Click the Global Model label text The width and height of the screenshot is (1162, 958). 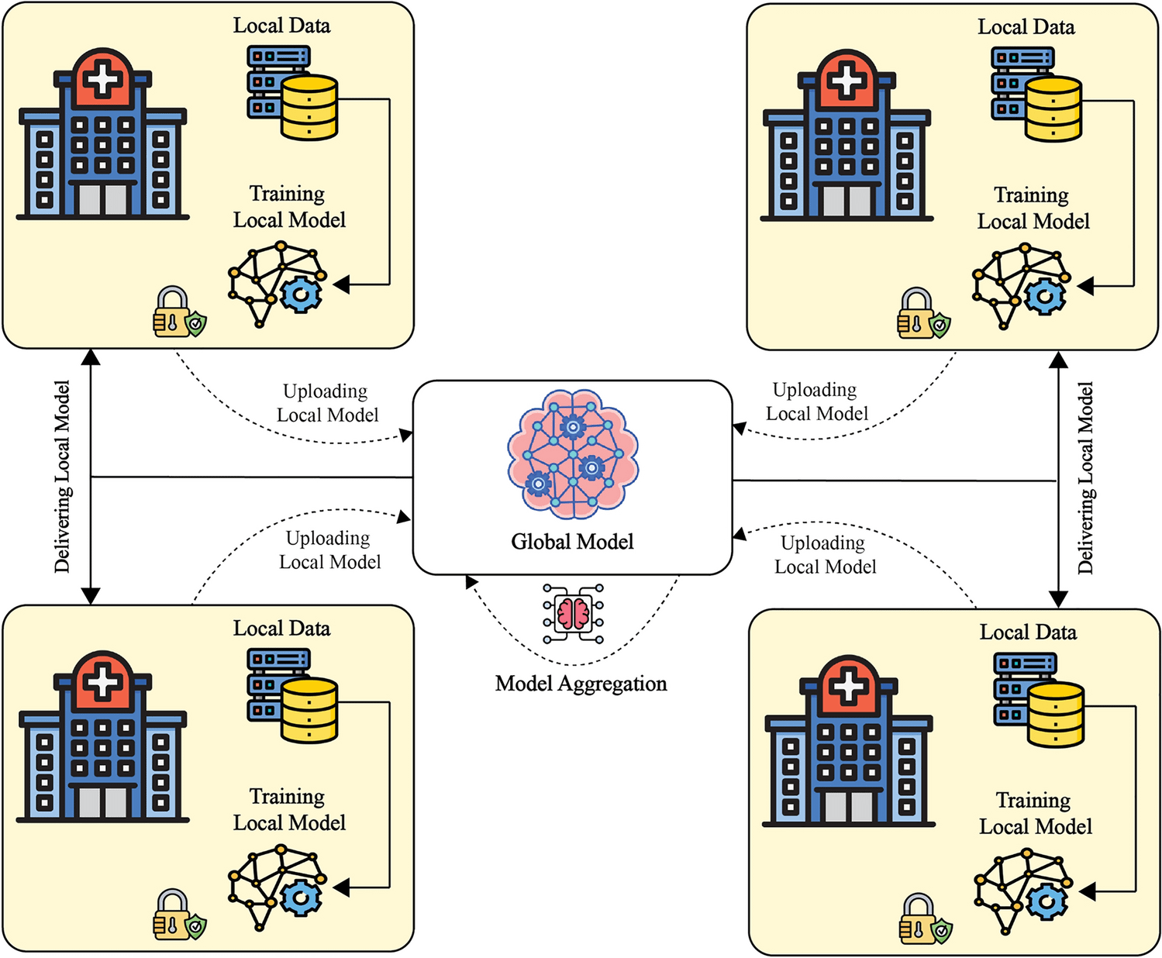pos(572,542)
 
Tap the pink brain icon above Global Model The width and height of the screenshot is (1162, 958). pos(573,455)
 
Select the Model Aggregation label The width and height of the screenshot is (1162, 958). pos(581,684)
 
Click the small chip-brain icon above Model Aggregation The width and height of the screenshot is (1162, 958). pos(574,613)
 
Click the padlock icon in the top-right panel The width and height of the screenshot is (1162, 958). pos(916,314)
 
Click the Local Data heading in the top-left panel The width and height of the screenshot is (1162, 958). pos(281,26)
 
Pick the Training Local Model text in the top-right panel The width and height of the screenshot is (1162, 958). pos(1033,208)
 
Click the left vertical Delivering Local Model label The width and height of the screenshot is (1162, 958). pos(63,477)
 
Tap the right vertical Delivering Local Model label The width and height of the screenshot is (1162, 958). pos(1086,478)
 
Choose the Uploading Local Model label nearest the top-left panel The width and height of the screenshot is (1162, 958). pos(327,403)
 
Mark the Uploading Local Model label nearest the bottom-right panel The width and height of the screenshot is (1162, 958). pos(825,555)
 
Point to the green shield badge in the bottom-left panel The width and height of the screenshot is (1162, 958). pos(196,926)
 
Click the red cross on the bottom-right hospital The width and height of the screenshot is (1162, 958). pos(849,686)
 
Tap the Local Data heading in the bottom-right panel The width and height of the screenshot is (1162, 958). pos(1028,632)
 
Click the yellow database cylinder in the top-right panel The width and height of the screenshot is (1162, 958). pos(1053,109)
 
